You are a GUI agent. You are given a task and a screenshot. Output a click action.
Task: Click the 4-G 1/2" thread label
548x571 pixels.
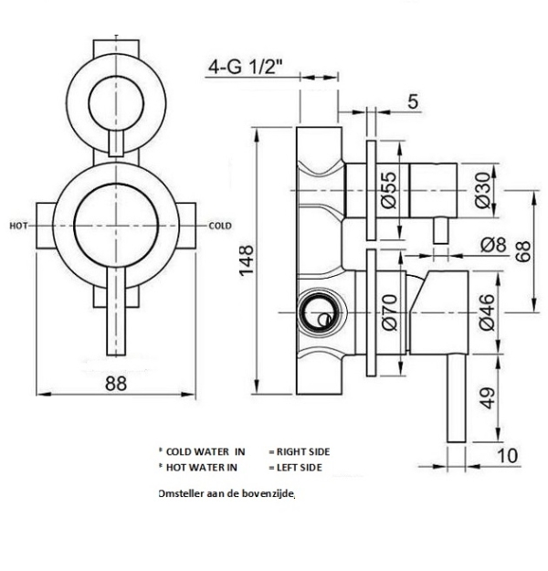(x=246, y=68)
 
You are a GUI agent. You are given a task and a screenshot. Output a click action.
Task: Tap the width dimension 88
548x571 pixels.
(x=115, y=384)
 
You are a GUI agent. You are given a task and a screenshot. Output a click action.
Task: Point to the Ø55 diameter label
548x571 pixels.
(x=387, y=190)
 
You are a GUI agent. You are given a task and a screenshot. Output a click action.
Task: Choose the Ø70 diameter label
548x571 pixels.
(x=387, y=311)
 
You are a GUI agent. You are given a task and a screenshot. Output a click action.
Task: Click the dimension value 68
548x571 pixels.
(x=522, y=251)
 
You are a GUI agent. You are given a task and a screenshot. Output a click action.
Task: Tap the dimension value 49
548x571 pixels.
(x=487, y=397)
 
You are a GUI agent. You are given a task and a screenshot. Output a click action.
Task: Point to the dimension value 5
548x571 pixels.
(x=413, y=101)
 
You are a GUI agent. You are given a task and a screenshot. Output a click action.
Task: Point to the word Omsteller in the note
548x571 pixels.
(x=180, y=493)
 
